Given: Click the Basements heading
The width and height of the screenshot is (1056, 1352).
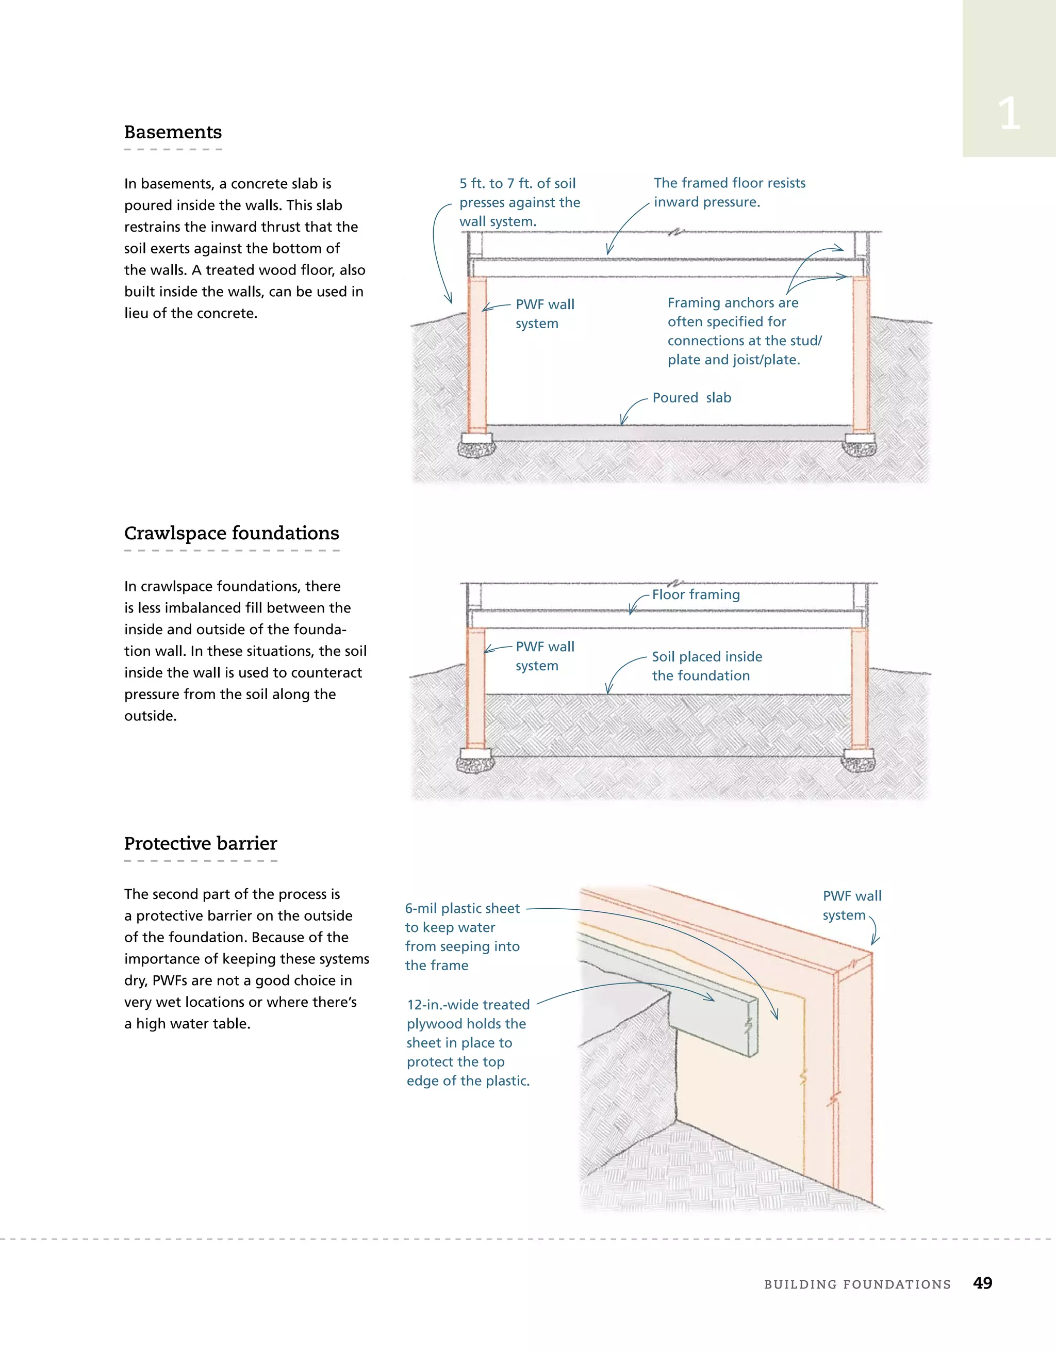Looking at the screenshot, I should [173, 133].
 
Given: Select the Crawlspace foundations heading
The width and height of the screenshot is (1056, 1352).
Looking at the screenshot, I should [232, 534].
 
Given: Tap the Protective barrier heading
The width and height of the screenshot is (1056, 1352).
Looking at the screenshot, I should [201, 844].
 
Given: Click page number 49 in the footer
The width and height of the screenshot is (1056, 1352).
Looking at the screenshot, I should [982, 1283].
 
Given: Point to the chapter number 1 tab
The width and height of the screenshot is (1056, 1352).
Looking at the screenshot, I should [1009, 114].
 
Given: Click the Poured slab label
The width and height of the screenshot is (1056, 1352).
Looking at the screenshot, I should [691, 398].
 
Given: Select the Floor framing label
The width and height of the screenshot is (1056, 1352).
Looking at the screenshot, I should [696, 595].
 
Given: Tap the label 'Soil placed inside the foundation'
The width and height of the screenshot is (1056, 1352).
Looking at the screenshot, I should [706, 666].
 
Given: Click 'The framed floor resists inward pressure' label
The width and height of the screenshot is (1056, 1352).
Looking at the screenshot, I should [730, 192].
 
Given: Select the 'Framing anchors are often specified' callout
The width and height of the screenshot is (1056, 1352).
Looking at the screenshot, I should [744, 331].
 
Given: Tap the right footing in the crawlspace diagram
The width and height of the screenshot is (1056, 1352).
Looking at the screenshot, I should [859, 760].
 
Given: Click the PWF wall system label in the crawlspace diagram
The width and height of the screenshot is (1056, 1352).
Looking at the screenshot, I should [544, 656].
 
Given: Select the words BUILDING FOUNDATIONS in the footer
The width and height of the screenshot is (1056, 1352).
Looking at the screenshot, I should [857, 1284].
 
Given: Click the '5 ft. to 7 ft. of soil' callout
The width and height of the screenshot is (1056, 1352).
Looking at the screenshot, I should [520, 202].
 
